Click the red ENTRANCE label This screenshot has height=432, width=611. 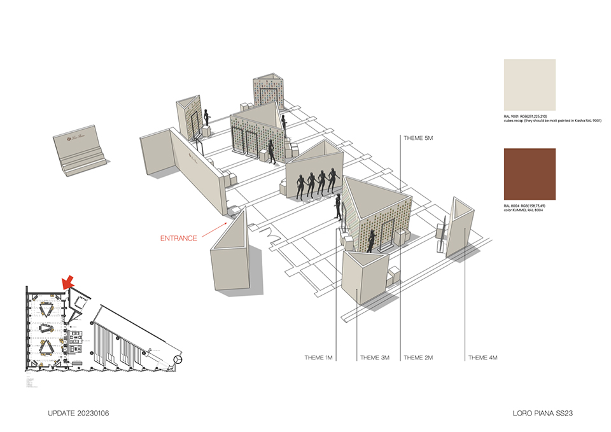(179, 238)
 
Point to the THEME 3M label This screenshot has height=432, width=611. (375, 358)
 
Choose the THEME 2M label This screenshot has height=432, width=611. (419, 358)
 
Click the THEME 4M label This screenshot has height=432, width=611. (483, 358)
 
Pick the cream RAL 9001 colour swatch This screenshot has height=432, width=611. (529, 85)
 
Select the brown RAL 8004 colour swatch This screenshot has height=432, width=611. (529, 174)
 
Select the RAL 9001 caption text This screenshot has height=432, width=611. (551, 119)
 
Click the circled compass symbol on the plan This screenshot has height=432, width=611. (178, 361)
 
